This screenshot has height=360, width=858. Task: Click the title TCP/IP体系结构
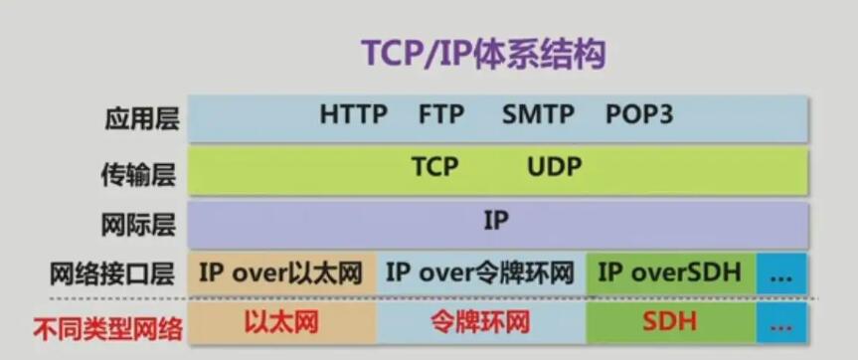click(484, 54)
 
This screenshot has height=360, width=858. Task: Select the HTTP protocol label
click(354, 115)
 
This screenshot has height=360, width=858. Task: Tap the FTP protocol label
click(441, 115)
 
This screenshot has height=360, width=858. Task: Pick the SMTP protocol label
click(538, 115)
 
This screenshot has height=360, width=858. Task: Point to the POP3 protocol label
click(639, 115)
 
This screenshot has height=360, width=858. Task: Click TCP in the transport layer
click(435, 166)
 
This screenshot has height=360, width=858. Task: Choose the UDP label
click(555, 166)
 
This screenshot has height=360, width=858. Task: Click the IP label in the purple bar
click(496, 221)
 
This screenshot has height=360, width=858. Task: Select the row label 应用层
click(142, 118)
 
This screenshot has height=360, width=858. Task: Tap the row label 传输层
click(139, 174)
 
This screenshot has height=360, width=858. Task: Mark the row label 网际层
click(138, 225)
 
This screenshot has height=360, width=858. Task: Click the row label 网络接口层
click(112, 274)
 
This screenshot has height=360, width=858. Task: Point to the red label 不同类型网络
click(108, 329)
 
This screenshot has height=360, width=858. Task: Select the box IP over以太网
click(281, 272)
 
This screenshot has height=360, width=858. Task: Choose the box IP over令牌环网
click(481, 272)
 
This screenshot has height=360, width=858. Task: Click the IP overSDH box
click(671, 272)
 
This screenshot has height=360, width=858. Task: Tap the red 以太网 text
click(280, 322)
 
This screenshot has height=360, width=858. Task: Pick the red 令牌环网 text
click(480, 322)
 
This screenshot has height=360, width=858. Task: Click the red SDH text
click(670, 322)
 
